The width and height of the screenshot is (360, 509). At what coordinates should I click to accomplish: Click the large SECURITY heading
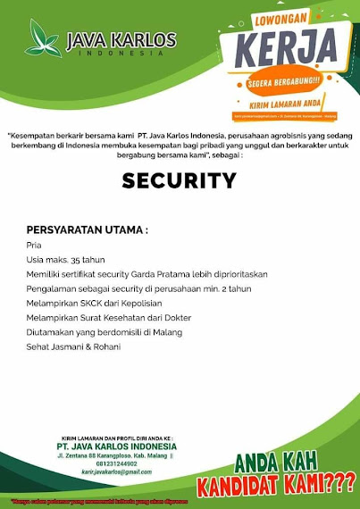tap(179, 180)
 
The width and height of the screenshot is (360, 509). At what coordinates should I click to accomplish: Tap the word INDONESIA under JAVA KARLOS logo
tap(121, 53)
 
